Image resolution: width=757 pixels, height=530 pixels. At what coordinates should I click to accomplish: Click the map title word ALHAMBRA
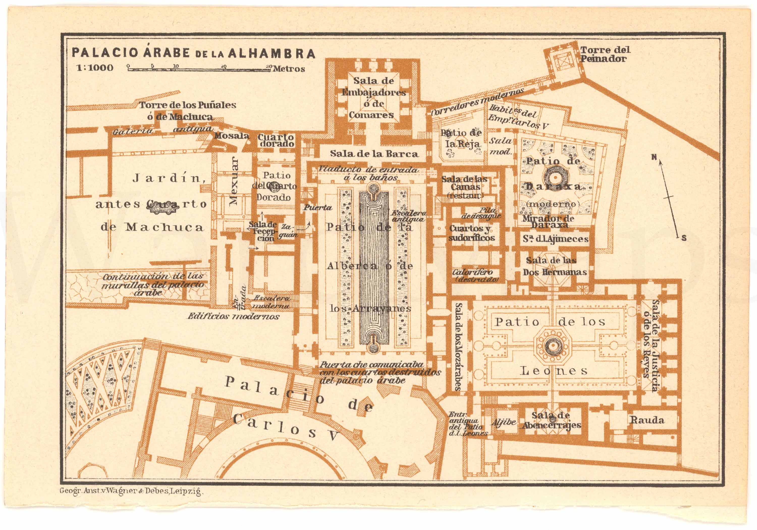click(x=271, y=53)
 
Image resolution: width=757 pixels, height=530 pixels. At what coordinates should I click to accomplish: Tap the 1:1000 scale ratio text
click(x=95, y=68)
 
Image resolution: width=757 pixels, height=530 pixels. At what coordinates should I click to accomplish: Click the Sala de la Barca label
click(x=374, y=154)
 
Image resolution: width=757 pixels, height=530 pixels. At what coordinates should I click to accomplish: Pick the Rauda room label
click(x=647, y=420)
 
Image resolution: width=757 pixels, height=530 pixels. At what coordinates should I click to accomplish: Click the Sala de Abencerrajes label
click(x=551, y=420)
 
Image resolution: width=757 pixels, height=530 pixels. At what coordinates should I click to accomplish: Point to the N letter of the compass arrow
click(x=654, y=157)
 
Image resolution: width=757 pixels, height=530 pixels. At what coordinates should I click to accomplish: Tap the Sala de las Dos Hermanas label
click(x=555, y=266)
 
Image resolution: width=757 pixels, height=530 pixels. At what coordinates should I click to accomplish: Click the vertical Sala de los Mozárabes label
click(x=458, y=346)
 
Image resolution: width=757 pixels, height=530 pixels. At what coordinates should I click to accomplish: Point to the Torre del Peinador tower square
click(x=561, y=61)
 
